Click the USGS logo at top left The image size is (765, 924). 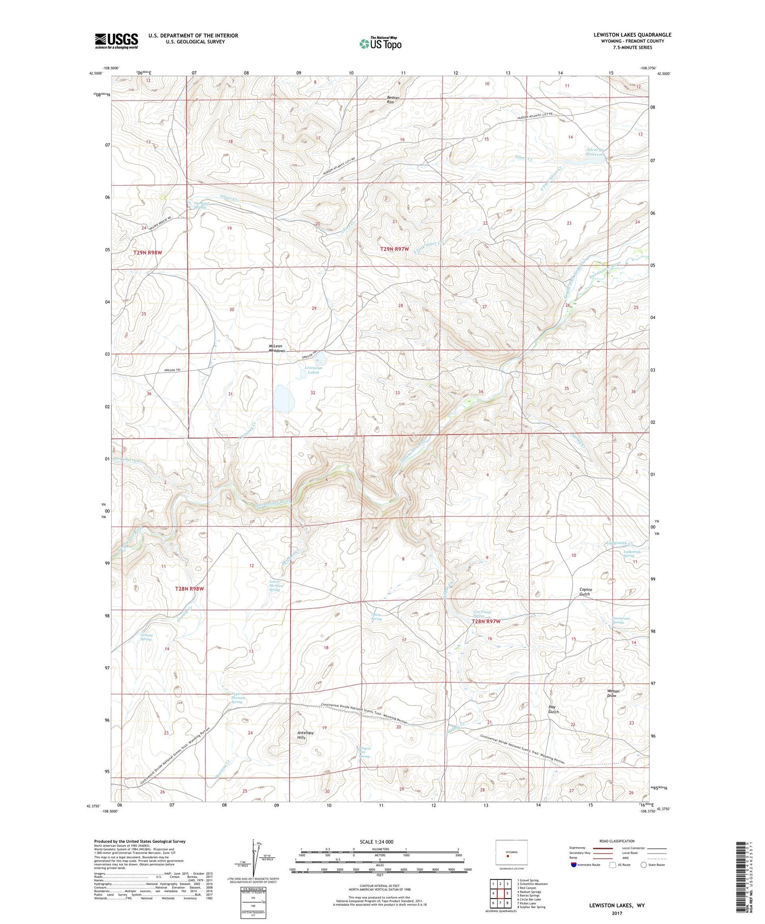(116, 41)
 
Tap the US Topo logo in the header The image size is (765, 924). (380, 43)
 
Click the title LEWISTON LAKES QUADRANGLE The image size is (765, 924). (632, 35)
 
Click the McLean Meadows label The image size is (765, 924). (276, 348)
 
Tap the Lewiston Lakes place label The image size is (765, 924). (313, 369)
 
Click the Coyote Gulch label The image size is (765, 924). (585, 592)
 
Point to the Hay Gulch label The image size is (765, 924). (554, 710)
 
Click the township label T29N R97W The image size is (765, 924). (394, 249)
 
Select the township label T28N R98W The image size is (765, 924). (190, 588)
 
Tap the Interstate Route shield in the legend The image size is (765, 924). (574, 865)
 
